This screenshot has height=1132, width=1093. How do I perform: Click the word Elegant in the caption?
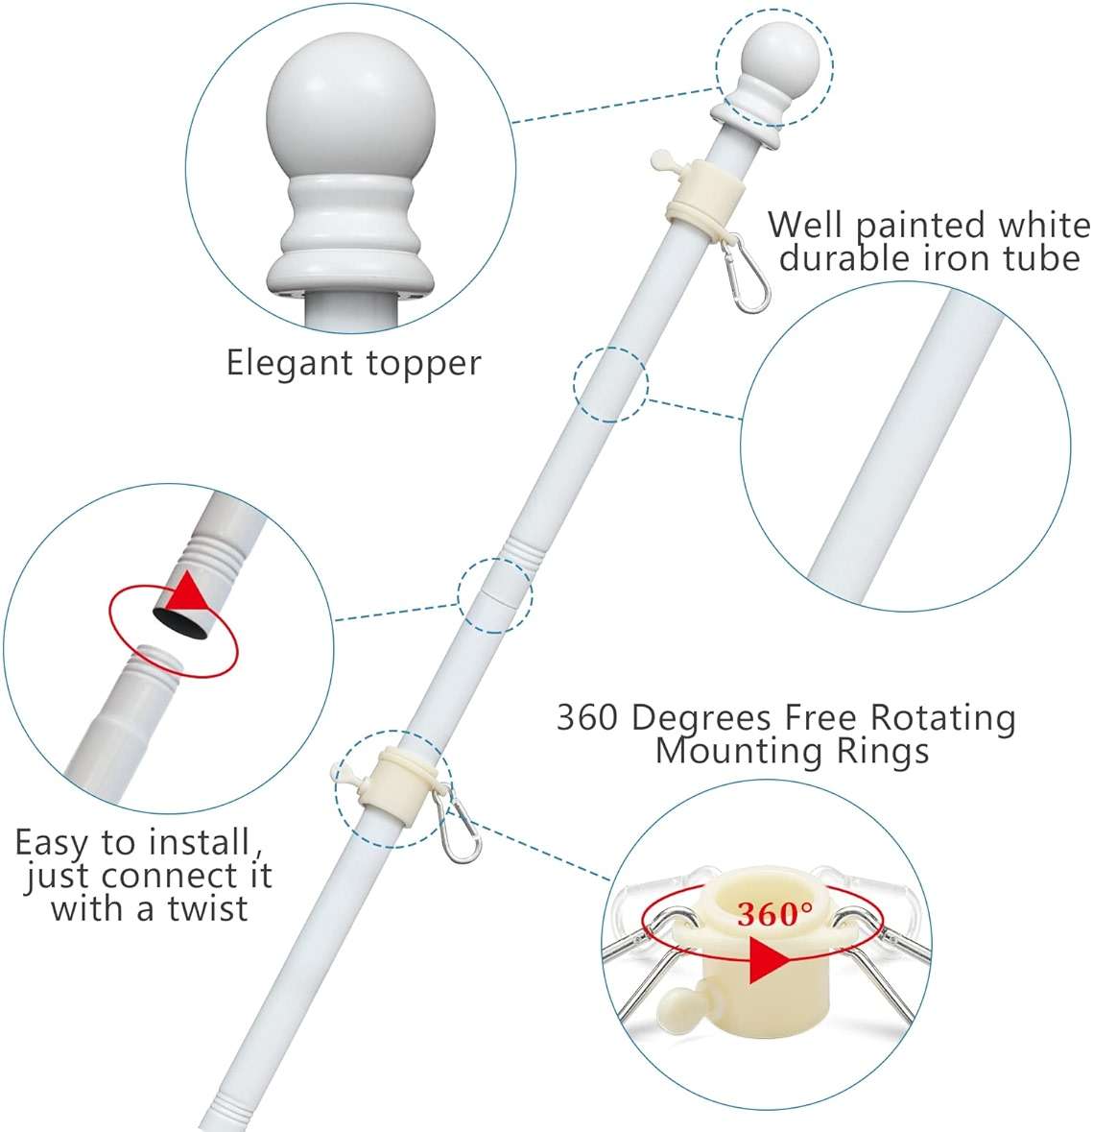pyautogui.click(x=290, y=364)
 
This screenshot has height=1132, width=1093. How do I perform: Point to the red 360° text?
pyautogui.click(x=774, y=914)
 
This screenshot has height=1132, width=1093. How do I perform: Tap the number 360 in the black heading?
pyautogui.click(x=586, y=717)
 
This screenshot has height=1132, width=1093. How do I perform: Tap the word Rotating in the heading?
pyautogui.click(x=942, y=718)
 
